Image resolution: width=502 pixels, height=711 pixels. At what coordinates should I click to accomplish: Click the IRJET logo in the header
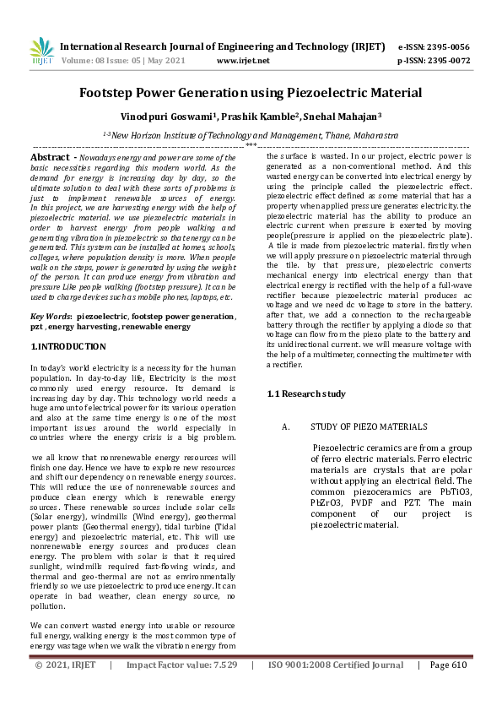click(41, 52)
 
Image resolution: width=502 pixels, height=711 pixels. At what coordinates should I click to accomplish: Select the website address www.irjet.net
click(243, 61)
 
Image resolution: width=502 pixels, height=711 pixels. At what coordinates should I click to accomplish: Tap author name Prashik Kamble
click(253, 117)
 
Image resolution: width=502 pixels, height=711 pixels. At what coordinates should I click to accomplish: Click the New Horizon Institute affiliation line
click(251, 134)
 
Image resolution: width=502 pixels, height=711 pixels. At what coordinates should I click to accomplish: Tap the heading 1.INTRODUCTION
click(68, 346)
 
